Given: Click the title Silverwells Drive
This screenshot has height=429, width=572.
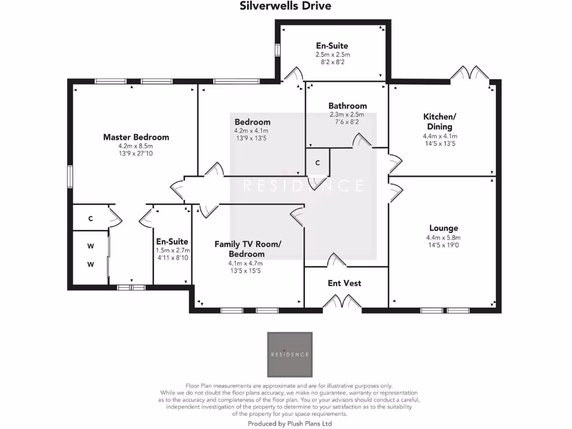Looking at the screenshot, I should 285,6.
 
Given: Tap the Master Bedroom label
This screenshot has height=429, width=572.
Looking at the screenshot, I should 136,137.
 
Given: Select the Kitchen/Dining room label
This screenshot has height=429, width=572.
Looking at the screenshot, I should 440,121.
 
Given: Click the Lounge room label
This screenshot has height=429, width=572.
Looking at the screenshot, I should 444,228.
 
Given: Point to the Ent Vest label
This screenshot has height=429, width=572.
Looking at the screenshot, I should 344,283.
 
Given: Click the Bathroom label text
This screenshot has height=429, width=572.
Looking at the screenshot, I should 347,106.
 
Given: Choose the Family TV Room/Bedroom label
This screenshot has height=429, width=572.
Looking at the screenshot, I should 248,249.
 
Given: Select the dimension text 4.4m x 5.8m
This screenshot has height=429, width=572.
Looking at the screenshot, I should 443,237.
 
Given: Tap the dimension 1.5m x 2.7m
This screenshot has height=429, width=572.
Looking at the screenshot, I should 173,250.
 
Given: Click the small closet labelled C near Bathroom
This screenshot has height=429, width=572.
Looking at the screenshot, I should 317,163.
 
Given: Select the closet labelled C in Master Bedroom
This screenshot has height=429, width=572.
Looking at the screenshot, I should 90,220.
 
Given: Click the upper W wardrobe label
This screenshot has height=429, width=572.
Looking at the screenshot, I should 90,245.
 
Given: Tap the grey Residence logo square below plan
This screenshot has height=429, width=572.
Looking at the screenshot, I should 289,354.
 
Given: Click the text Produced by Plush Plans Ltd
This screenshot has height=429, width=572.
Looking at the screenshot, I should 289,424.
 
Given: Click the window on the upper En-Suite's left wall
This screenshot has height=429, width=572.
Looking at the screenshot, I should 277,49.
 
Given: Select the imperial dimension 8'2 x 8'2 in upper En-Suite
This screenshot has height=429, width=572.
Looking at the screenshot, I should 332,63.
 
